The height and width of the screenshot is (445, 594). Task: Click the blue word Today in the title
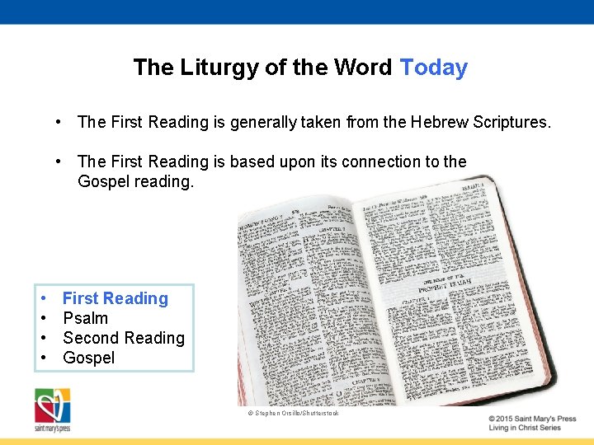(x=433, y=68)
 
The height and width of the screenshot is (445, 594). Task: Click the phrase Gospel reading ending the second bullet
(x=135, y=181)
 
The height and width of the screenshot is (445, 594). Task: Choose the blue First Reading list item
(x=115, y=298)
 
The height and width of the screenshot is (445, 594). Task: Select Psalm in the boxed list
(x=85, y=318)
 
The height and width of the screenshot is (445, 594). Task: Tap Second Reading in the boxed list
(x=123, y=338)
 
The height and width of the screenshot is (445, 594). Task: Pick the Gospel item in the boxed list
(x=88, y=358)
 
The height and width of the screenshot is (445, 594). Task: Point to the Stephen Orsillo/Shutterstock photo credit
(x=294, y=413)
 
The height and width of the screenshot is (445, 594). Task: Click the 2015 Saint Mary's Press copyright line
(x=531, y=419)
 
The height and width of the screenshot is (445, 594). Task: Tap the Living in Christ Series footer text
(x=525, y=428)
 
